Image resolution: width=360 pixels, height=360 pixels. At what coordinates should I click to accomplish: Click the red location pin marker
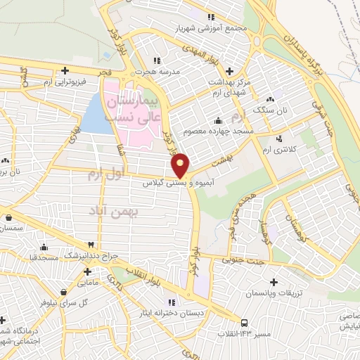(x=181, y=165)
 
